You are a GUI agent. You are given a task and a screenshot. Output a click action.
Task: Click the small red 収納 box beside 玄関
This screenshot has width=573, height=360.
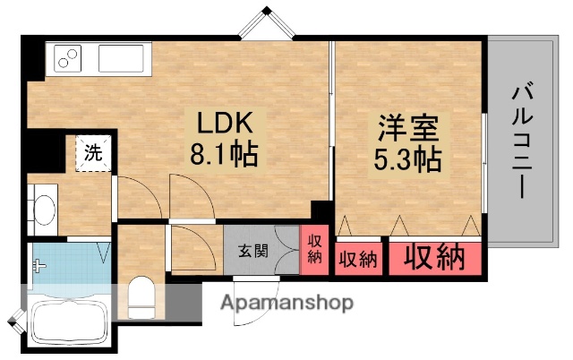313,248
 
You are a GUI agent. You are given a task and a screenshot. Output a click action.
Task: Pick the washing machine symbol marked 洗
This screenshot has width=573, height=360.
92,152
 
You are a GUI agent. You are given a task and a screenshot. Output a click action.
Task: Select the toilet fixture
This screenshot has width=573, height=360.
140,296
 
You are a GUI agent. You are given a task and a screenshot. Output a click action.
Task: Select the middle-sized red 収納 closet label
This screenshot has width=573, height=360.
358,259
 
